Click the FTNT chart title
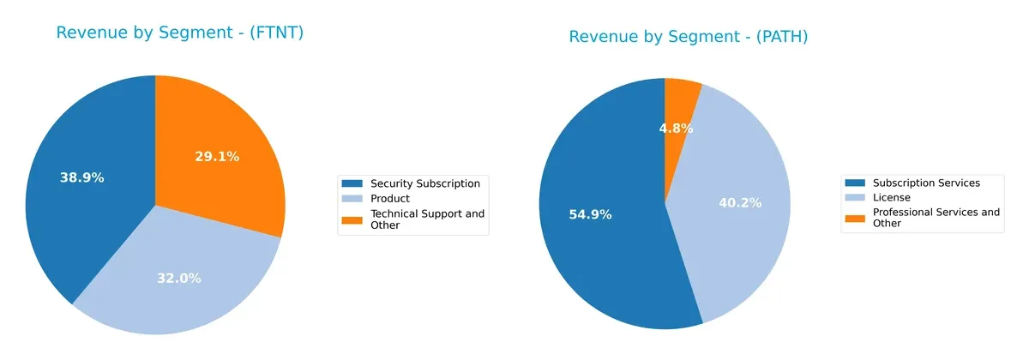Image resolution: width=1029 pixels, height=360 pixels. [x=180, y=33]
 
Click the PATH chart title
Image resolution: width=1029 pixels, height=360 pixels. [x=688, y=37]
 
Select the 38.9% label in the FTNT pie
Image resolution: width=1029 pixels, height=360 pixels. [x=81, y=178]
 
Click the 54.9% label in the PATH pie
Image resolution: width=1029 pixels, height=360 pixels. [x=590, y=214]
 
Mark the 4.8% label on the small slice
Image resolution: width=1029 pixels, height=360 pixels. [x=676, y=129]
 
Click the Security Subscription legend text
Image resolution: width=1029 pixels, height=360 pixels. [x=424, y=183]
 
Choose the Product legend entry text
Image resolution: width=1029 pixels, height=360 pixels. [x=389, y=199]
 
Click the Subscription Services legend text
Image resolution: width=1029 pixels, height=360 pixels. [x=926, y=183]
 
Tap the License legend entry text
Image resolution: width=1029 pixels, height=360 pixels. [x=892, y=197]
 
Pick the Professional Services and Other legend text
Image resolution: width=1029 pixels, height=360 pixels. [x=936, y=218]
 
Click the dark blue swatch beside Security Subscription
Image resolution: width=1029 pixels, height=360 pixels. [x=352, y=183]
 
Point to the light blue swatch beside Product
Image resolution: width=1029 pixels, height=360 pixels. [x=352, y=199]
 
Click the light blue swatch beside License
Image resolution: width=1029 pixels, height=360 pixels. [x=856, y=197]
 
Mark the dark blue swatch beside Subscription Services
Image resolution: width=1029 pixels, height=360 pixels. [x=856, y=183]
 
